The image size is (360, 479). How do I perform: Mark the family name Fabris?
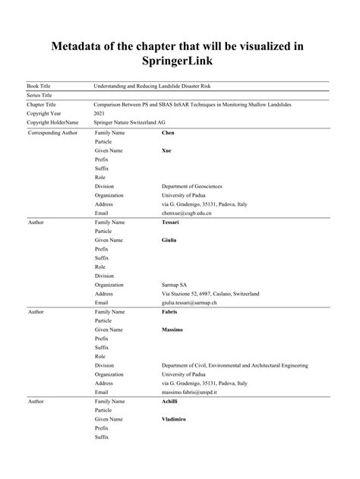click(172, 311)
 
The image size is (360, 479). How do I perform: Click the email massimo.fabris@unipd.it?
click(195, 392)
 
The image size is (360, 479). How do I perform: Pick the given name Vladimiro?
click(175, 419)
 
